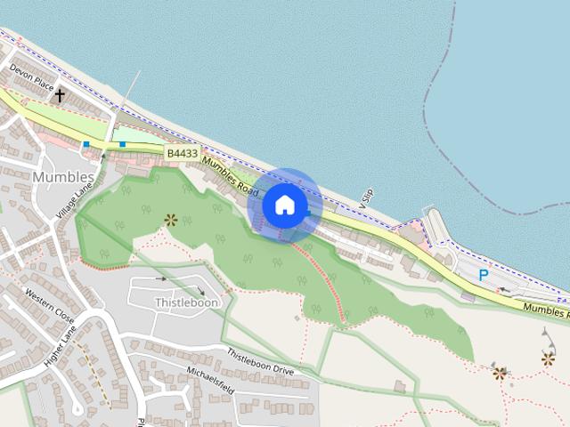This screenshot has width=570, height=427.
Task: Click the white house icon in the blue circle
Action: pyautogui.click(x=285, y=205)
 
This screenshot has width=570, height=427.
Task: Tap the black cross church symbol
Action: pyautogui.click(x=61, y=94)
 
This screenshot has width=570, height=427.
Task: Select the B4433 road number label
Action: pyautogui.click(x=182, y=154)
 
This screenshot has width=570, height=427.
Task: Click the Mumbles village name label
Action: pyautogui.click(x=62, y=176)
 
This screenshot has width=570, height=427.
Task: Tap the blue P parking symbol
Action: pyautogui.click(x=484, y=276)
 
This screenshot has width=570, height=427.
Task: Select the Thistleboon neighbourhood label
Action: pyautogui.click(x=187, y=302)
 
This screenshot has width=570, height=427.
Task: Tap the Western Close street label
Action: pyautogui.click(x=50, y=304)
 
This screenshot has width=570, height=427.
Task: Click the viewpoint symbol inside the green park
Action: pyautogui.click(x=170, y=219)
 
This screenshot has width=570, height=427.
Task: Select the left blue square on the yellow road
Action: pyautogui.click(x=86, y=143)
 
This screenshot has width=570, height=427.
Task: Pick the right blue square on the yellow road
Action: pyautogui.click(x=122, y=143)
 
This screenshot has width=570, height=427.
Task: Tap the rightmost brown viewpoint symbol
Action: pyautogui.click(x=547, y=359)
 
